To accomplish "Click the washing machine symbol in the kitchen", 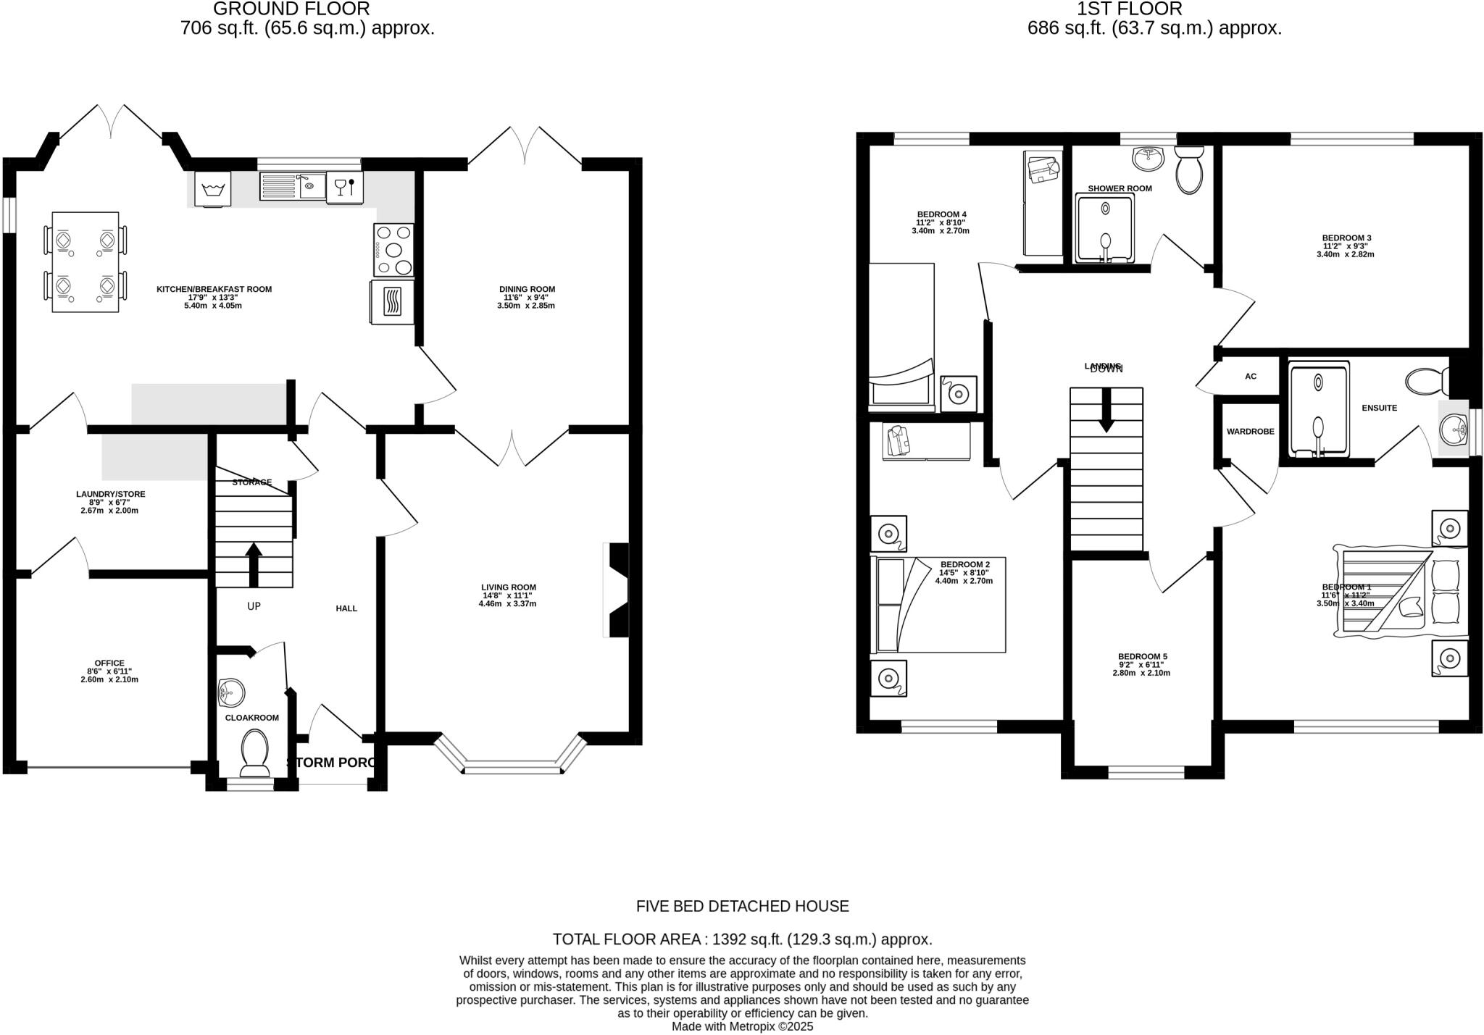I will coord(212,189).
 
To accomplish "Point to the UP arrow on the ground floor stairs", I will coord(254,565).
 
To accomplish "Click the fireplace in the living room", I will coord(617,590).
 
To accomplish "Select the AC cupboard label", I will coord(1250,377).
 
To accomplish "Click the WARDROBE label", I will coord(1250,432).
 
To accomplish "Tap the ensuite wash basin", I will coord(1454,432).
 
